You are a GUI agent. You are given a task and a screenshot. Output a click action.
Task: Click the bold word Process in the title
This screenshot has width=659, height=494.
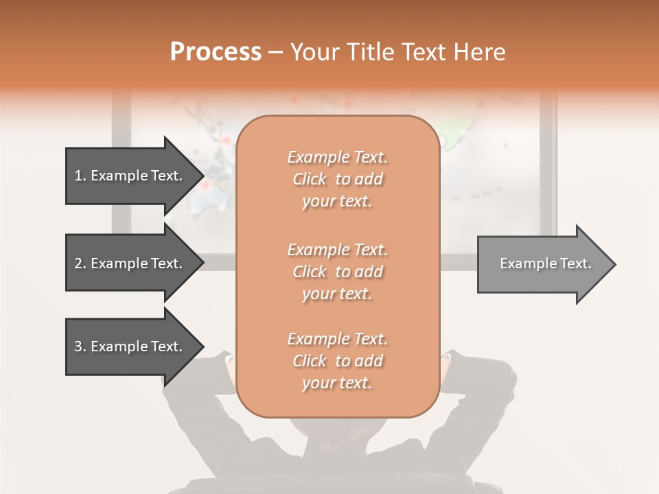[x=216, y=51]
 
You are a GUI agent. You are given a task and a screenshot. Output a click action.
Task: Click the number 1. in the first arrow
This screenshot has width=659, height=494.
[x=80, y=176]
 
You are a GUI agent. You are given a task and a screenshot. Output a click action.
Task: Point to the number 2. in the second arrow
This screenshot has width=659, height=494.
[x=80, y=263]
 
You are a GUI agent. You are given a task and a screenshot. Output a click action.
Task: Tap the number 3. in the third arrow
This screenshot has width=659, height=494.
[x=80, y=346]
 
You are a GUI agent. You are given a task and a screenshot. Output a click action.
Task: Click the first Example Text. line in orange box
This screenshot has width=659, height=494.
[x=337, y=157]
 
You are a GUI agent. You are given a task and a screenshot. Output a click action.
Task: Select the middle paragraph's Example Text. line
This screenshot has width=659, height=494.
[x=337, y=249]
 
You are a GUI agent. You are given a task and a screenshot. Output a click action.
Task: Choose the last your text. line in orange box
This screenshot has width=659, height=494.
[x=337, y=383]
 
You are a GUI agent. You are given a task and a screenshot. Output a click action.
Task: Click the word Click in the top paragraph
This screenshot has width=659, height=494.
[x=310, y=179]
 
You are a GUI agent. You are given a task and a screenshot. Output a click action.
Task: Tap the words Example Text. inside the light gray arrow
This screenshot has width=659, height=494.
[x=546, y=263]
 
